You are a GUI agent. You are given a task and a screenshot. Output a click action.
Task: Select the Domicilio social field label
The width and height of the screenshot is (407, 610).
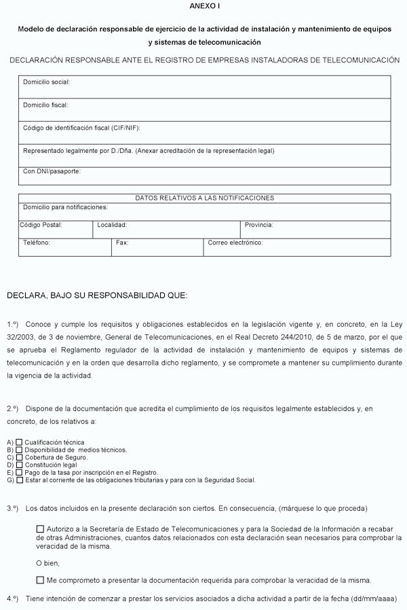pos(47,82)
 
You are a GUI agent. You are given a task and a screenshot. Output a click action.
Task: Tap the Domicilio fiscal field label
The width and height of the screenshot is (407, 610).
pos(46,105)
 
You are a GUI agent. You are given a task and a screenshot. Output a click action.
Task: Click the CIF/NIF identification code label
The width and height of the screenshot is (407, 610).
pos(81,128)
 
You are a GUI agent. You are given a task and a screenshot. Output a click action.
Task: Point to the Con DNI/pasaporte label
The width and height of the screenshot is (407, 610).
pos(52,171)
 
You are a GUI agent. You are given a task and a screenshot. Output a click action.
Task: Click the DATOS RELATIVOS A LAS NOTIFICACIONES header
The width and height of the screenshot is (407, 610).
pos(204,198)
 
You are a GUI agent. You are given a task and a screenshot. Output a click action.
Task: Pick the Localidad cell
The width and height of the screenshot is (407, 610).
pos(167,230)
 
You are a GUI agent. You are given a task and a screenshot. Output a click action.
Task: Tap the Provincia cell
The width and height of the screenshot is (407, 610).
pos(316,230)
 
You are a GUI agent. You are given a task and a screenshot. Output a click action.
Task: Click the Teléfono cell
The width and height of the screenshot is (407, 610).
pos(64,247)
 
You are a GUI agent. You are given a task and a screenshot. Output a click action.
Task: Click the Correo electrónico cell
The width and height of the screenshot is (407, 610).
pos(297,247)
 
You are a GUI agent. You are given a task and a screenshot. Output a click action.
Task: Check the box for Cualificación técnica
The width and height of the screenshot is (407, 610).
pos(19,442)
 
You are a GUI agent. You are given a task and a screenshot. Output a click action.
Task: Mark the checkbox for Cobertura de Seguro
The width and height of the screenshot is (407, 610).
pos(19,457)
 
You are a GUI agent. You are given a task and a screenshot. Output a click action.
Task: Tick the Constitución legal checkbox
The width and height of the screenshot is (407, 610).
pos(19,465)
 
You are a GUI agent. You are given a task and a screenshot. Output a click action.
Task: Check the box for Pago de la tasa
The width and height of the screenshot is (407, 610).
pos(19,472)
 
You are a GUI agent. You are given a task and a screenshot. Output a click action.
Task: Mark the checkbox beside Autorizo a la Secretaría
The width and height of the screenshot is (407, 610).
pos(40,528)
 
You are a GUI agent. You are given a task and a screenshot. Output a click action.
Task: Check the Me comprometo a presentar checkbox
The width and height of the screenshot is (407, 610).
pos(40,580)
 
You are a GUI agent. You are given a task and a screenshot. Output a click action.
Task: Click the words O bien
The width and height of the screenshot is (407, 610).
pos(47,562)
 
